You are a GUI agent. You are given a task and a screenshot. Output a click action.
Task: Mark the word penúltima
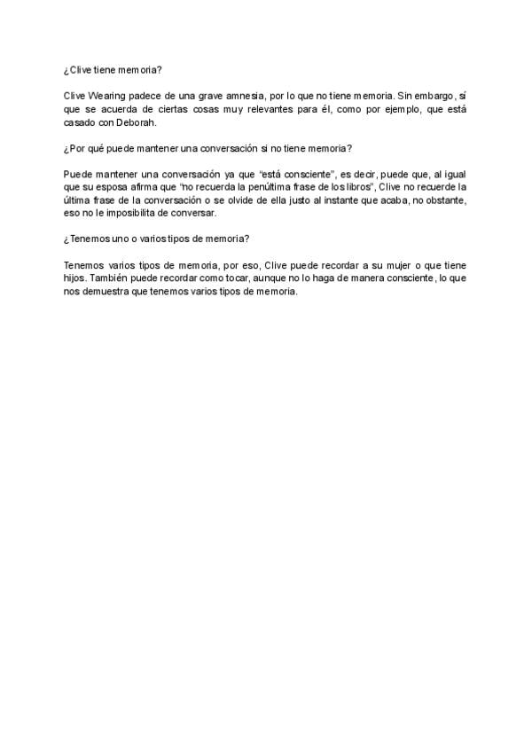click(264, 187)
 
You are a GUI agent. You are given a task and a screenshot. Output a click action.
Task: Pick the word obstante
click(445, 200)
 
